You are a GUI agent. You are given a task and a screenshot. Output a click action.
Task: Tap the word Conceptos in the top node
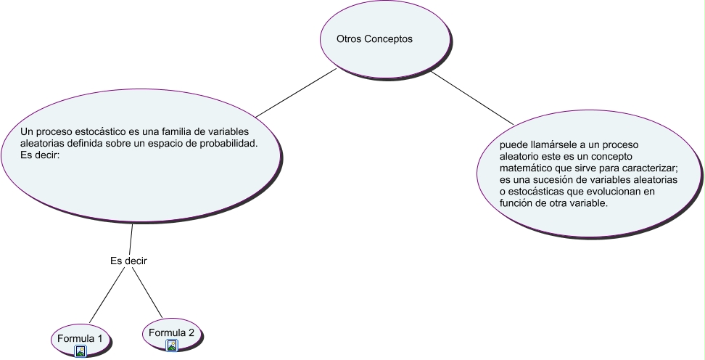click(x=389, y=39)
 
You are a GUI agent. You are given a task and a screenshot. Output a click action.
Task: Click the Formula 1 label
click(x=80, y=338)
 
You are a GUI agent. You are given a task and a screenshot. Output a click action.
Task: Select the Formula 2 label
click(x=171, y=333)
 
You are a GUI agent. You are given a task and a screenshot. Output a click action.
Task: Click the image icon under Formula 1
click(x=81, y=351)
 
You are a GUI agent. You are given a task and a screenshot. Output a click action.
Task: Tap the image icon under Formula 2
click(x=172, y=345)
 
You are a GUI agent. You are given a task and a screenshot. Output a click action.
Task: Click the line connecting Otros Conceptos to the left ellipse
click(x=296, y=93)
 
